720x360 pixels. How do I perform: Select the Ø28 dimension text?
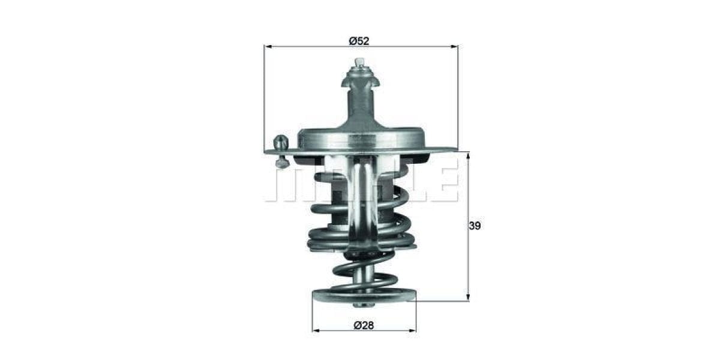pyautogui.click(x=363, y=325)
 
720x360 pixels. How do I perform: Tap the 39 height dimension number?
pyautogui.click(x=475, y=226)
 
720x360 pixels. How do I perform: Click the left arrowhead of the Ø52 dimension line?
pyautogui.click(x=268, y=46)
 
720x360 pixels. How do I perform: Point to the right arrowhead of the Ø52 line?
pyautogui.click(x=454, y=46)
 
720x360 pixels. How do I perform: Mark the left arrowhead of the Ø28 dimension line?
pyautogui.click(x=316, y=330)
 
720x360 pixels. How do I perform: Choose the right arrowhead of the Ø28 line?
pyautogui.click(x=413, y=330)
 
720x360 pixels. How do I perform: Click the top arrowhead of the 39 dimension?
pyautogui.click(x=468, y=155)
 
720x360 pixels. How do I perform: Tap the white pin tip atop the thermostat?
pyautogui.click(x=359, y=62)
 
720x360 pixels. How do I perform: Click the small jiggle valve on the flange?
pyautogui.click(x=280, y=144)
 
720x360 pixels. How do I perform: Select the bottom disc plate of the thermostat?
pyautogui.click(x=364, y=296)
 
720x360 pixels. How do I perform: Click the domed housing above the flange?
pyautogui.click(x=362, y=139)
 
